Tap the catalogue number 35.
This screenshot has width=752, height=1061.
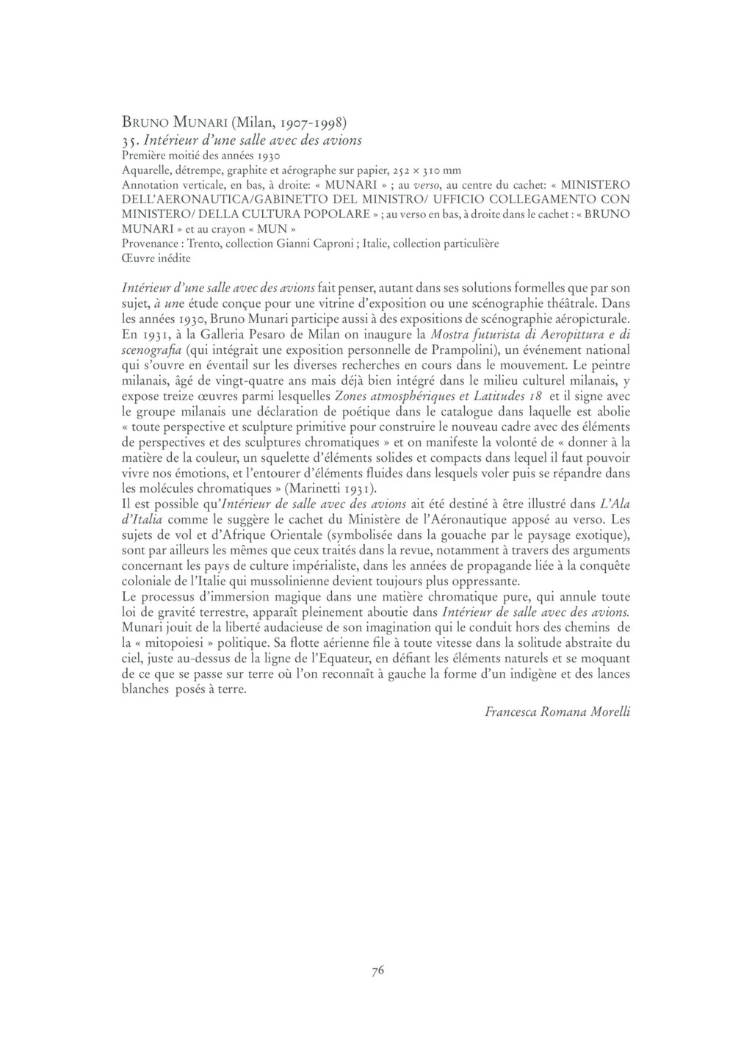click(x=130, y=140)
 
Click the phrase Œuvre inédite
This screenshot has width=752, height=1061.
click(x=156, y=258)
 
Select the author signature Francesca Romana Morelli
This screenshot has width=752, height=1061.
click(x=557, y=711)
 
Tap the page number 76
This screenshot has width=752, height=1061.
click(x=377, y=971)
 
